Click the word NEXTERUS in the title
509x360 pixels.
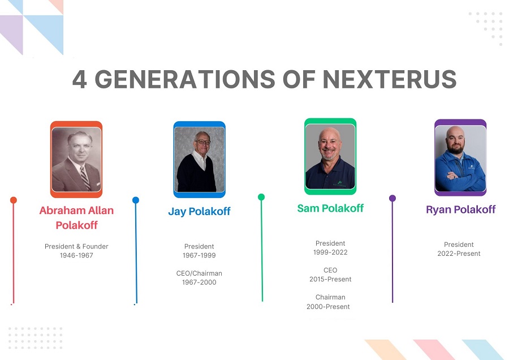[x=390, y=79]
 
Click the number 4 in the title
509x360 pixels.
[x=80, y=79]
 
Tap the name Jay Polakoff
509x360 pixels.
[x=199, y=212]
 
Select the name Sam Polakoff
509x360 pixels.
[x=330, y=208]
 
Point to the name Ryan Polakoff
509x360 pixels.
[x=460, y=209]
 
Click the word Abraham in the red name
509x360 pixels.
[x=61, y=211]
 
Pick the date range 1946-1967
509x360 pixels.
[x=76, y=255]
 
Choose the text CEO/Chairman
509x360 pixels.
[x=199, y=273]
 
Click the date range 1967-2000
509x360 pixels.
[x=199, y=282]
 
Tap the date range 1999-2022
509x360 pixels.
[x=330, y=252]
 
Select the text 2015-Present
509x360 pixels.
[x=330, y=279]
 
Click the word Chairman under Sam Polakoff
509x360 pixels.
[x=330, y=297]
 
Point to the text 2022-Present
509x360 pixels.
[x=459, y=254]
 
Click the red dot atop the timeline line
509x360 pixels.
[x=14, y=200]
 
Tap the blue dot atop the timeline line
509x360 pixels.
[x=136, y=200]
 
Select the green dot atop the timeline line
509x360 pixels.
[x=261, y=197]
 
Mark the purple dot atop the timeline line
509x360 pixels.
[x=392, y=198]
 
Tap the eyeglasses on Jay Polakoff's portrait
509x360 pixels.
[x=204, y=142]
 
